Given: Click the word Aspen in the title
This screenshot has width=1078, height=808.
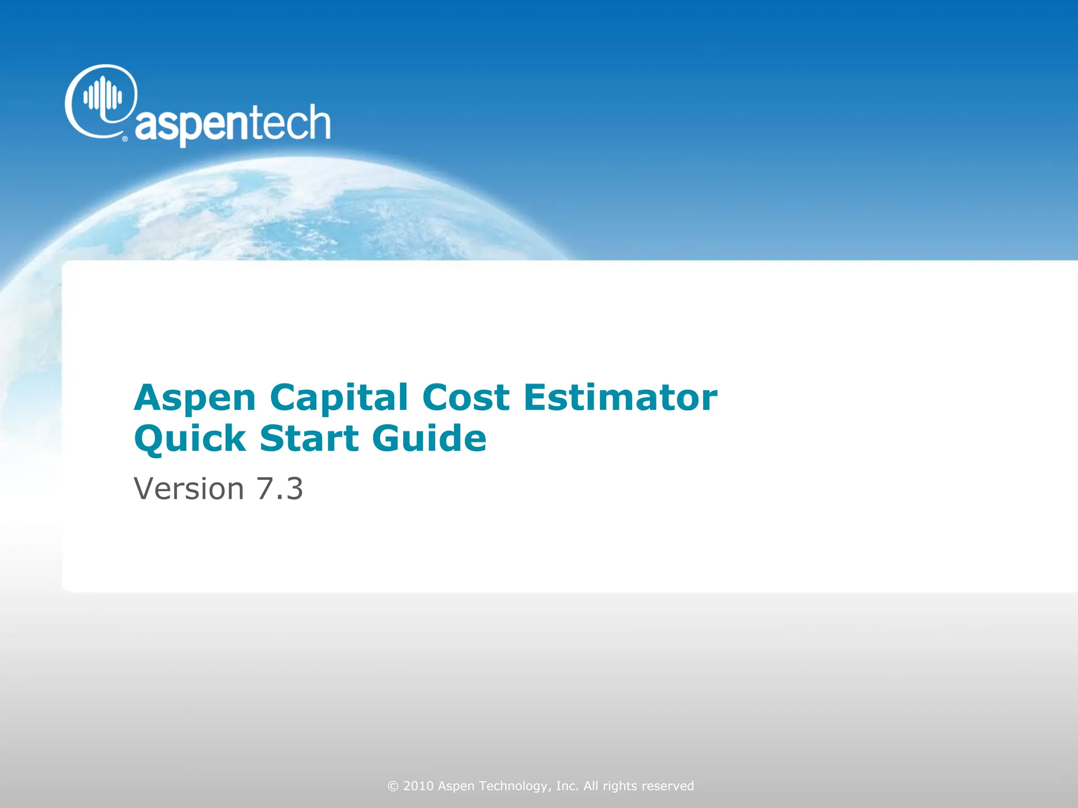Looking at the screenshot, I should (x=195, y=398).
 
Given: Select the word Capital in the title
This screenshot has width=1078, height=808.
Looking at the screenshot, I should (x=338, y=398).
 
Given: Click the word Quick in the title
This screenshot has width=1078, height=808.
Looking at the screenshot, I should (x=189, y=439).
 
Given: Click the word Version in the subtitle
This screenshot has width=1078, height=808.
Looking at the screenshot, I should (x=189, y=489).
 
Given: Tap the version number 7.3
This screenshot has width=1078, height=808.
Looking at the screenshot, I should (x=280, y=489).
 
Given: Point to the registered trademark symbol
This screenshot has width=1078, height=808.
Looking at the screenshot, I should (x=125, y=139).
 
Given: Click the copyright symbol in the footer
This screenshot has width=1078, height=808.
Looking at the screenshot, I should (x=393, y=786).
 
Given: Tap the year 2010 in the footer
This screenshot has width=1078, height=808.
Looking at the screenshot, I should (x=418, y=786).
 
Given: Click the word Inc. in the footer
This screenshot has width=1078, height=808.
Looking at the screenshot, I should (x=567, y=786).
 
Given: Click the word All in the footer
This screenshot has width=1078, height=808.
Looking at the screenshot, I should (x=591, y=786).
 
